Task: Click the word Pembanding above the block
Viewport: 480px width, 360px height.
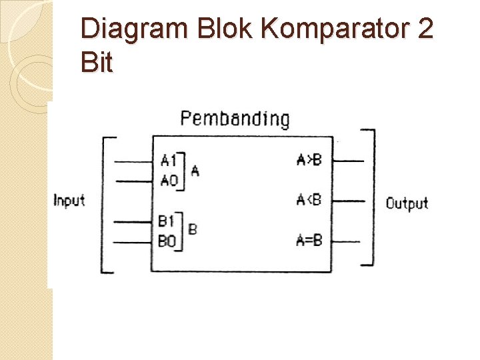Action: pos(235,119)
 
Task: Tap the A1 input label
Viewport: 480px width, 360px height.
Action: pos(169,160)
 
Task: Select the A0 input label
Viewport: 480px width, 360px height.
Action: pos(169,180)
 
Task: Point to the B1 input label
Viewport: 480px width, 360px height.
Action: pos(167,221)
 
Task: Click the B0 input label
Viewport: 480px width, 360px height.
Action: pos(167,241)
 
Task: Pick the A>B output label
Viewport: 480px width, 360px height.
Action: pos(309,159)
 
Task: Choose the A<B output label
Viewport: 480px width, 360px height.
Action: pos(309,199)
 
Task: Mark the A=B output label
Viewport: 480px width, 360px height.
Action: pos(309,240)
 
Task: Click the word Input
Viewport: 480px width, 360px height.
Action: pos(69,200)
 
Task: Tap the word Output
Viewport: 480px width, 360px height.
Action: pos(407,203)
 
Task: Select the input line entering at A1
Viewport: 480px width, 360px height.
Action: pos(133,161)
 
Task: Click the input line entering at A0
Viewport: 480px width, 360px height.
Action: pos(133,180)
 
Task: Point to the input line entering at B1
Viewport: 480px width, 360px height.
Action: pos(133,221)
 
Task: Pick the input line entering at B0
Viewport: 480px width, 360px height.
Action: pos(133,241)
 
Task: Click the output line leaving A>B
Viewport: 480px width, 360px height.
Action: pos(347,161)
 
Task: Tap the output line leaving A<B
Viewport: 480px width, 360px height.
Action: pos(347,200)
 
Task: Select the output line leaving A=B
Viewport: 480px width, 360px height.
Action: pos(347,240)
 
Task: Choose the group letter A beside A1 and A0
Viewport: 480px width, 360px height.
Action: pos(195,171)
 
